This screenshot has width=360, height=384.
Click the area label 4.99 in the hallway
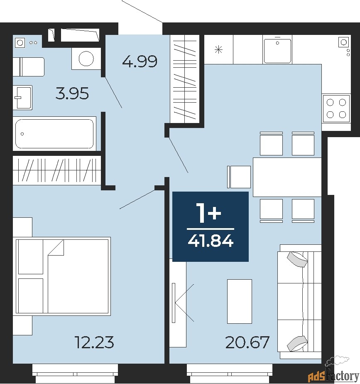[x=140, y=61]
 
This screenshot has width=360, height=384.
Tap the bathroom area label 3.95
[x=72, y=94]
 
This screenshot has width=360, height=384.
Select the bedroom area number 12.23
[x=95, y=342]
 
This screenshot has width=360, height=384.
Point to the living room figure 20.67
[x=247, y=342]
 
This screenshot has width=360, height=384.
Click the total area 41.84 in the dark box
[x=211, y=241]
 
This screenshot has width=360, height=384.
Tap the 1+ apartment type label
[x=208, y=214]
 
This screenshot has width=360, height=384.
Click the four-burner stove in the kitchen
[x=336, y=108]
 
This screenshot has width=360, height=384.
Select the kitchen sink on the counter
[x=277, y=50]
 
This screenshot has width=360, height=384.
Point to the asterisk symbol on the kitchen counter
[x=218, y=50]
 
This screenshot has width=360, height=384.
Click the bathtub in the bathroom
[x=54, y=134]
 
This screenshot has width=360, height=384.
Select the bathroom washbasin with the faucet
[x=22, y=97]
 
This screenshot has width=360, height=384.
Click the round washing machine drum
[x=86, y=59]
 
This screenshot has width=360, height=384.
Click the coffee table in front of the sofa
[x=239, y=301]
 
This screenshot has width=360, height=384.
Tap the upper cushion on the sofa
[x=297, y=259]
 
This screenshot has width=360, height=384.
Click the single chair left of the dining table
[x=239, y=177]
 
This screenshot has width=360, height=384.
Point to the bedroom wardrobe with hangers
[x=57, y=170]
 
